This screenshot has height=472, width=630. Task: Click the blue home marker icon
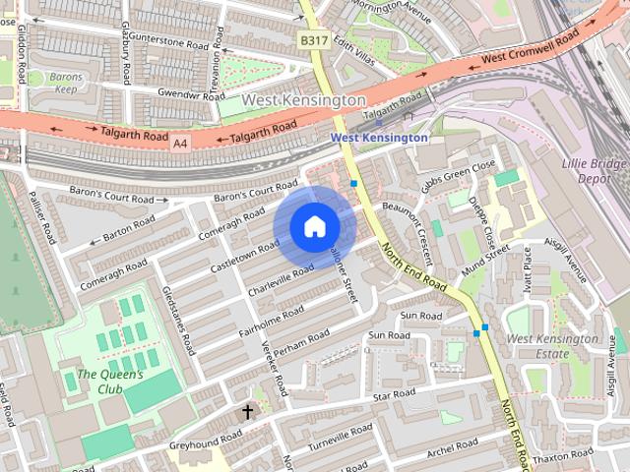point(314,227)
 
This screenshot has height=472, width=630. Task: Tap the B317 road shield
point(314,40)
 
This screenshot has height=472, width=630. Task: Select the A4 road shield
point(179,144)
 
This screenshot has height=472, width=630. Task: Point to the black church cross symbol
point(247,411)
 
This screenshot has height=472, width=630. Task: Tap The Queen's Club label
point(110,382)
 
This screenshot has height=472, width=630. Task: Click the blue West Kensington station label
point(379,139)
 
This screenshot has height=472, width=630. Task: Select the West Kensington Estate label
point(551,345)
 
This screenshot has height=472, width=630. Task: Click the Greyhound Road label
point(205,440)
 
